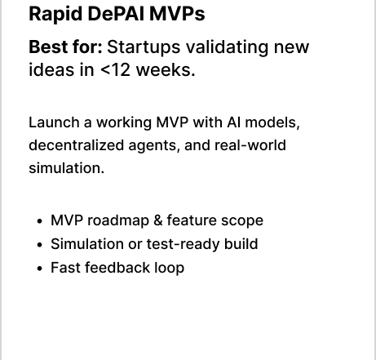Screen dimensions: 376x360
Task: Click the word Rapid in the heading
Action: coord(55,15)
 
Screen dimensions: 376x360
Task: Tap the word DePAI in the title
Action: coord(116,14)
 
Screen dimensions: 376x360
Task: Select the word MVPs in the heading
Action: coord(177,14)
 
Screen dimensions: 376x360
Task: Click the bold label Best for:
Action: coord(65,47)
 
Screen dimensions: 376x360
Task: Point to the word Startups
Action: coord(144,48)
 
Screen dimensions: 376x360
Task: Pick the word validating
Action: coord(227,48)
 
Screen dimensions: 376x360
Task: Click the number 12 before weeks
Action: coord(121,70)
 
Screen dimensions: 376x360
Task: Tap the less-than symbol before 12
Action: coord(105,71)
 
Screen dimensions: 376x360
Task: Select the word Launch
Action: coord(54,122)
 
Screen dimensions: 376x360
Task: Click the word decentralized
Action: coord(77,145)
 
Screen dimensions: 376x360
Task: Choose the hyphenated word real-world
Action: coord(250,145)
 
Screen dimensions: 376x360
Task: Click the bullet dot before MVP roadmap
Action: coord(40,221)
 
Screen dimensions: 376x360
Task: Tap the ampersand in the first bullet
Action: coord(158,220)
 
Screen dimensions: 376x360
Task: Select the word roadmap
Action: coord(118,221)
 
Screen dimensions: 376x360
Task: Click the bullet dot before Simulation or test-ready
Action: coord(40,245)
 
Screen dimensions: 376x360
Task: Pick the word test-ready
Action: coord(184,245)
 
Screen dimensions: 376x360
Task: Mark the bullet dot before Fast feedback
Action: coord(40,269)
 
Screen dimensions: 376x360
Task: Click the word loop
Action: coord(170,269)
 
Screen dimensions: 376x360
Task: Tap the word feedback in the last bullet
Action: coord(117,268)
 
